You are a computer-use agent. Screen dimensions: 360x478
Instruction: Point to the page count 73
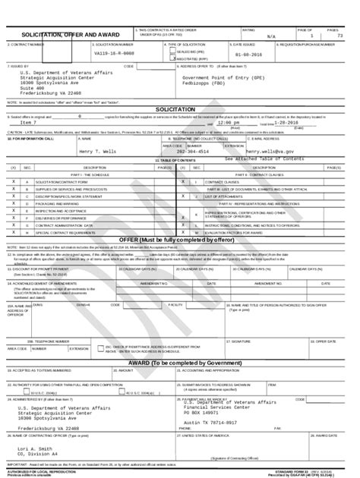click(x=340, y=36)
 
